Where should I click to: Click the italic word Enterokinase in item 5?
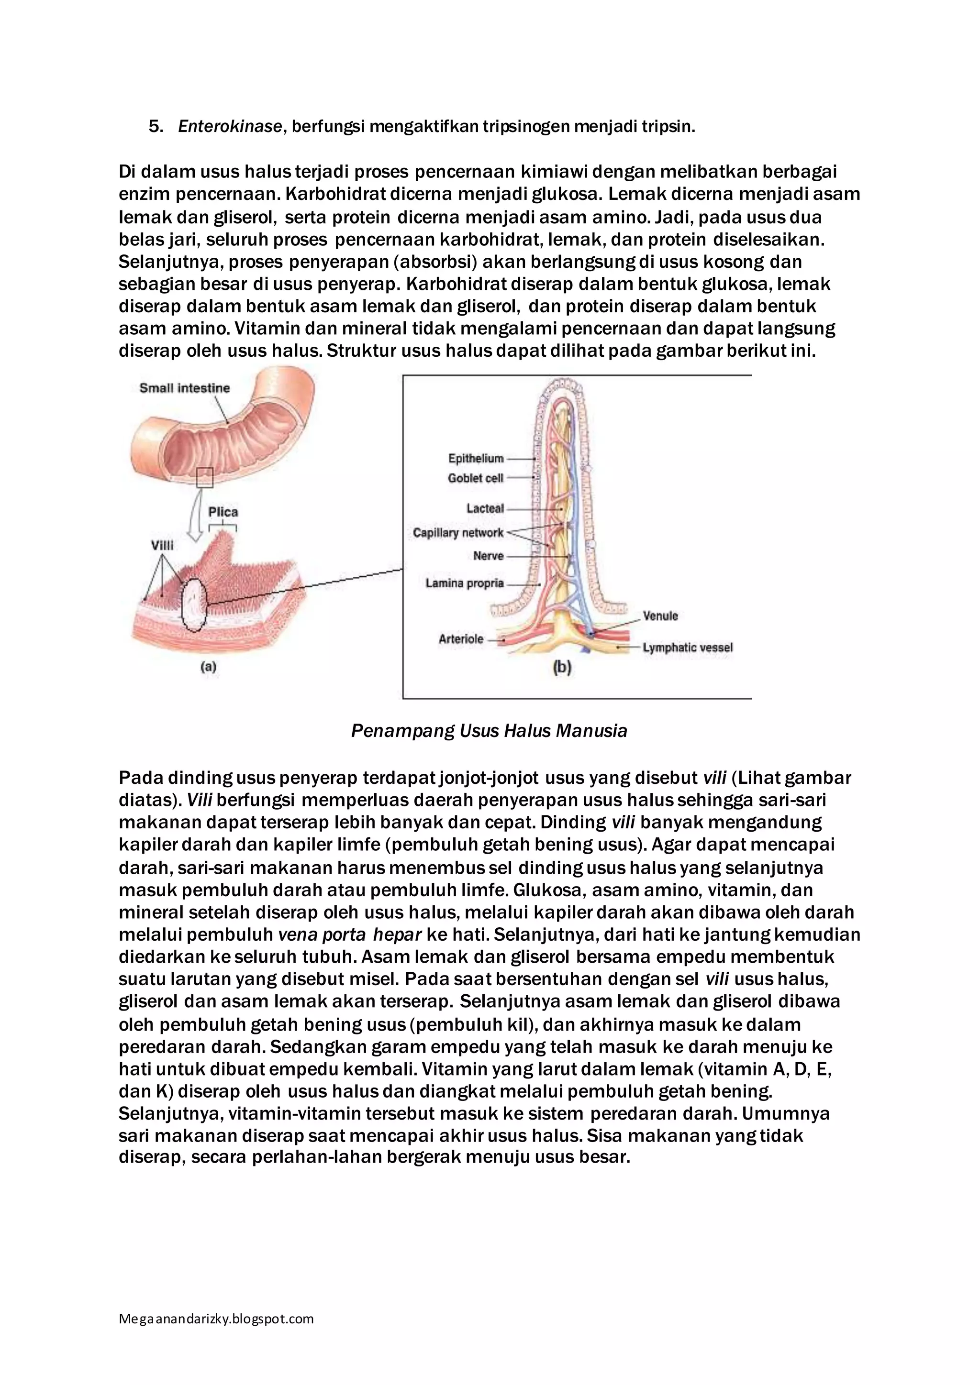pos(230,127)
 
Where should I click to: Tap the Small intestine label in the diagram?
pos(185,388)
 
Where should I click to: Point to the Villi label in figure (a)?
pos(162,545)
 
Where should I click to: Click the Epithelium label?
pos(476,459)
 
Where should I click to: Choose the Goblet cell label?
pos(476,478)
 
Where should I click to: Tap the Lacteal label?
pos(485,508)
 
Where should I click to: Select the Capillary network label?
pos(458,533)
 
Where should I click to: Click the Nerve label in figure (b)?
pos(488,556)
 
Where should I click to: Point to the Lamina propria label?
pos(464,583)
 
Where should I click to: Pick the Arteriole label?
pos(461,639)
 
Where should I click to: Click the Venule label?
pos(660,616)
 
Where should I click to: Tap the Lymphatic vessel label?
pos(687,648)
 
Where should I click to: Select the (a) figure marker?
pos(208,667)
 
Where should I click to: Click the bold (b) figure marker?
pos(562,668)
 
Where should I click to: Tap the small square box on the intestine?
pos(205,478)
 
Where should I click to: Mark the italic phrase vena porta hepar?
pos(349,934)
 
